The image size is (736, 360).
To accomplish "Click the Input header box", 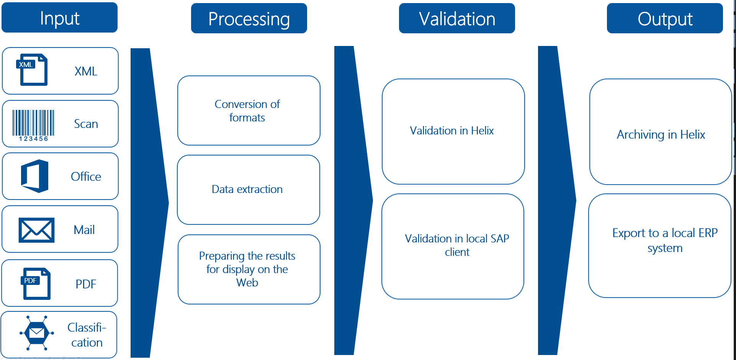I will point(59,18).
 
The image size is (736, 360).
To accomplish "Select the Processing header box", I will point(249,19).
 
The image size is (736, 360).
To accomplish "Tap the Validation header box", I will point(457,19).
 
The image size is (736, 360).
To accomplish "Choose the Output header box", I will point(665,19).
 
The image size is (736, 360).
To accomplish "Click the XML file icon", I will point(33,70).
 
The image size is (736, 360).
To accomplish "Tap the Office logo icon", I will point(35,176).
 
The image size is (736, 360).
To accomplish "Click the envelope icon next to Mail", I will point(36,230).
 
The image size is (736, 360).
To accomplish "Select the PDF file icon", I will point(36,283).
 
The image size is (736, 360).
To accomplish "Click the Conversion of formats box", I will point(249,111).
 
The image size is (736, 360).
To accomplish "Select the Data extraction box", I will point(248,190).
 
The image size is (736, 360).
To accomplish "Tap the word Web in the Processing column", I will point(247,283).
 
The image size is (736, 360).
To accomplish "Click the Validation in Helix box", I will point(453,131).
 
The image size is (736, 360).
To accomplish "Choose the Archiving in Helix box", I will point(661,132).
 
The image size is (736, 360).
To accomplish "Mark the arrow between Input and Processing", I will point(147,203).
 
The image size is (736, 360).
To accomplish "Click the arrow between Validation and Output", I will point(555,200).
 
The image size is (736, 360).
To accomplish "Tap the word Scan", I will point(86,124).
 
